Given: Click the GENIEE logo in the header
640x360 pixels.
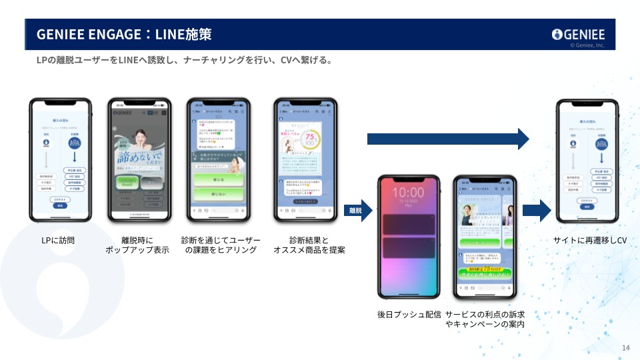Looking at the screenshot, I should (x=578, y=35).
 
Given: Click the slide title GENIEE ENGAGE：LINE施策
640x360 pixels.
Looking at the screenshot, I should (x=124, y=34).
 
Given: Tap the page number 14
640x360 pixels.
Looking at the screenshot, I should (x=625, y=348).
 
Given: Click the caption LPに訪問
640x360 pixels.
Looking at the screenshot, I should (x=60, y=240).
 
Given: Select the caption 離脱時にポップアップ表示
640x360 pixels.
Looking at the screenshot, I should (x=137, y=245).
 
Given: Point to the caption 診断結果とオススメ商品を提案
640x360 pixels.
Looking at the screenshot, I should (x=309, y=245).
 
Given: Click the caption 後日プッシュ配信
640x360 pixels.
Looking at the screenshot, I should (x=409, y=314).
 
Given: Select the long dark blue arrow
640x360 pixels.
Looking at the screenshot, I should (x=447, y=139).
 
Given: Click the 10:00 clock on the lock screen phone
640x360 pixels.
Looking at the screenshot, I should (x=409, y=193).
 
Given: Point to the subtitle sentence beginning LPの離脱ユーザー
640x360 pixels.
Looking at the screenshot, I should (x=184, y=61).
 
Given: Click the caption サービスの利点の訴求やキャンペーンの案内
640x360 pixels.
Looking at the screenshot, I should (x=485, y=319).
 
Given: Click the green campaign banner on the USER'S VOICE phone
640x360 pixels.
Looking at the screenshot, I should (x=484, y=273).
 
